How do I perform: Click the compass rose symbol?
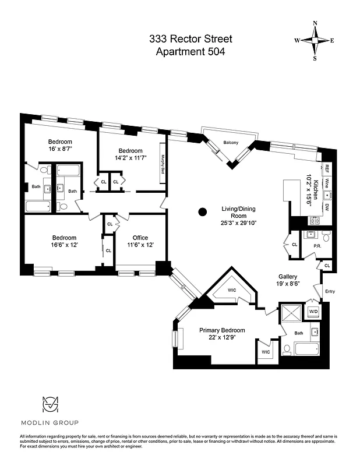pos(315,41)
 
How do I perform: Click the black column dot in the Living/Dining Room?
pos(202,211)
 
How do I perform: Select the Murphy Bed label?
pos(164,165)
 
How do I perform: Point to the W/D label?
pos(313,312)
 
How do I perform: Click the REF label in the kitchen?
pos(327,169)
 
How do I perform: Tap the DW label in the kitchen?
pos(327,207)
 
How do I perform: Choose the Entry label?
pos(330,291)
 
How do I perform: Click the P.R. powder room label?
pos(317,246)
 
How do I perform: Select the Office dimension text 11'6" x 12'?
pos(140,245)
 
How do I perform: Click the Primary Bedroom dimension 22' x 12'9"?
pos(222,338)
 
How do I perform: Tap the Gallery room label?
pos(288,277)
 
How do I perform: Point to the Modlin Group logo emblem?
pos(50,405)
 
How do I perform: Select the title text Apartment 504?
pos(190,51)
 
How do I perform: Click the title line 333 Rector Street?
pos(190,39)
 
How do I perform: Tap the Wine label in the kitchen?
pos(327,183)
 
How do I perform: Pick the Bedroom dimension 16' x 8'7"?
pos(61,150)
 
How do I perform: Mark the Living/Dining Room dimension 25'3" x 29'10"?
pos(238,223)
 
